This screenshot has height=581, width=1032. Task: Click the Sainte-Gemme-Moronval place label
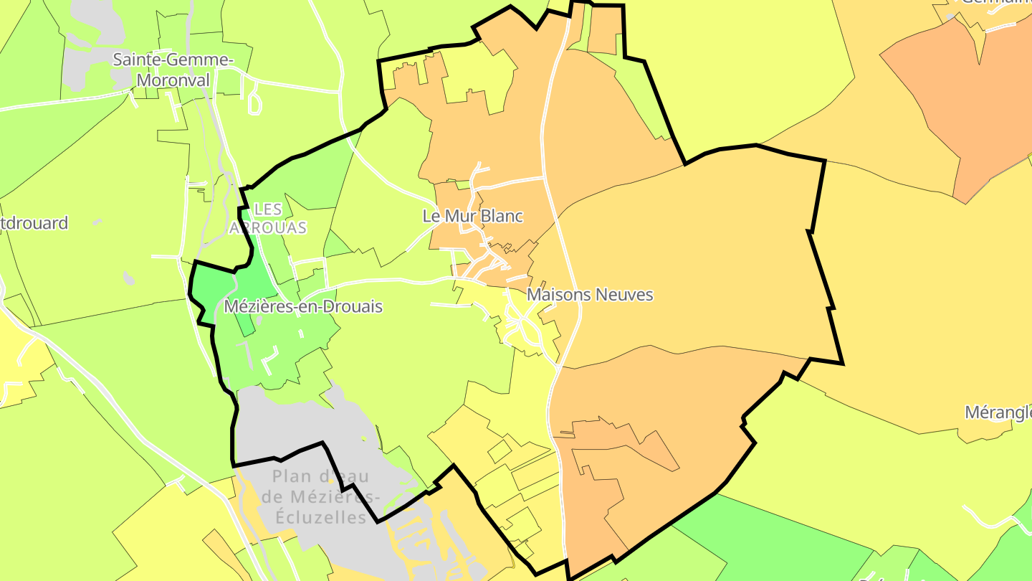pyautogui.click(x=173, y=70)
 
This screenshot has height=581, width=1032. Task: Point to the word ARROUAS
pyautogui.click(x=268, y=228)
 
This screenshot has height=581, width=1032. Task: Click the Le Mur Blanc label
pyautogui.click(x=473, y=216)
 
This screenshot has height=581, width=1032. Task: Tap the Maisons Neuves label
pyautogui.click(x=590, y=295)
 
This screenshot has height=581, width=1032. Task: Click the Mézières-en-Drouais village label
pyautogui.click(x=303, y=307)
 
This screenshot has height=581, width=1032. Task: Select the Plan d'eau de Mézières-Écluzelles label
pyautogui.click(x=321, y=496)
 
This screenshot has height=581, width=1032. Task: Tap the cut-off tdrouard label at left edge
pyautogui.click(x=34, y=223)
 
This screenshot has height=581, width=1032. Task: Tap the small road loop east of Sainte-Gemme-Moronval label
pyautogui.click(x=254, y=103)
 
